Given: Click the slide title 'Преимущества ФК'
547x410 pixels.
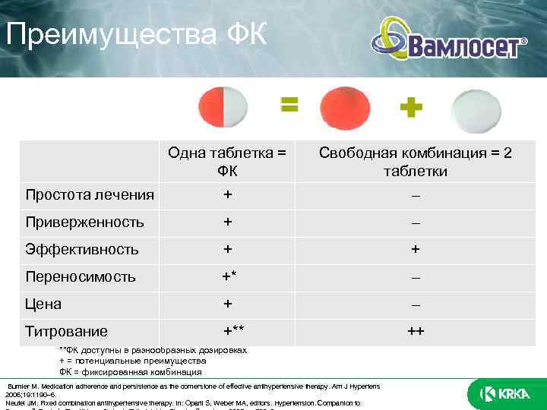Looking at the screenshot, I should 137,34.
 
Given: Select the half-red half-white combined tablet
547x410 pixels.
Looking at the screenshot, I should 223,108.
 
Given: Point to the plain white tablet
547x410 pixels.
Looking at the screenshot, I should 476,108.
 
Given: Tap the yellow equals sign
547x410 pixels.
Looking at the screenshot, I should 289,105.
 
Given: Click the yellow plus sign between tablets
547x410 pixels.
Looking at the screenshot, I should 411,108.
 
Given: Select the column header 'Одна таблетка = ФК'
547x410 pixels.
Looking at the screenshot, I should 227,162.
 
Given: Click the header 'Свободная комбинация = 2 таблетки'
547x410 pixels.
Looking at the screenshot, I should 415,162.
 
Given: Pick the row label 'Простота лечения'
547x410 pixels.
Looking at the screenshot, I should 90,195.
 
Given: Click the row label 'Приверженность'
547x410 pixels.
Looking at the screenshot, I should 84,222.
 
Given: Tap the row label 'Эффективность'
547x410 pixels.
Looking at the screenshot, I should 82,249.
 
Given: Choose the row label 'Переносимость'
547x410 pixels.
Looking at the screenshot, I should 81,276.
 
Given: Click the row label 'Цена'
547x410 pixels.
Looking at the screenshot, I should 43,304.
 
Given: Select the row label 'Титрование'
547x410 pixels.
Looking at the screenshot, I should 66,331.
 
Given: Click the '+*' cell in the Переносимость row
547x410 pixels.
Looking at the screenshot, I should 229,276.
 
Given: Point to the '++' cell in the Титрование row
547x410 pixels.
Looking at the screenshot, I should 415,331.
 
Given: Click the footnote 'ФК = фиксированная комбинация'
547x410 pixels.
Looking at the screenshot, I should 131,372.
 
